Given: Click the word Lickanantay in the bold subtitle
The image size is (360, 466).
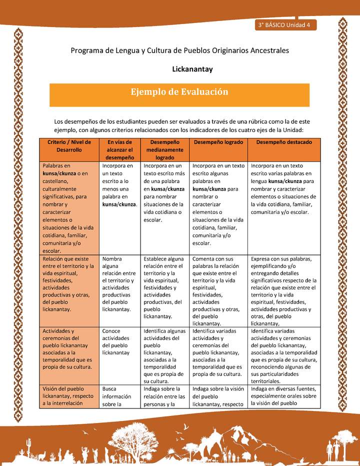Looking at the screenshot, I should (x=192, y=69).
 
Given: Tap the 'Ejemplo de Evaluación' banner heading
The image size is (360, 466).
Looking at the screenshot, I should (x=179, y=92).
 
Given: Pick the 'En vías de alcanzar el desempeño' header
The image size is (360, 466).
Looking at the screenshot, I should (x=119, y=149).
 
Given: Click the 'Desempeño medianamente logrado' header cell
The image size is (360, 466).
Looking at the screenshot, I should (x=164, y=149).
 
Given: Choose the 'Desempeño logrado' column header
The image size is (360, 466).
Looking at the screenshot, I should (x=218, y=142).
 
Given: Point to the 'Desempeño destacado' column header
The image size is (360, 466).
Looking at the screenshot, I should (x=284, y=142).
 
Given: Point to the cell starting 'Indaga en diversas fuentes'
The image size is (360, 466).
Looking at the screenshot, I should (x=284, y=395).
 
